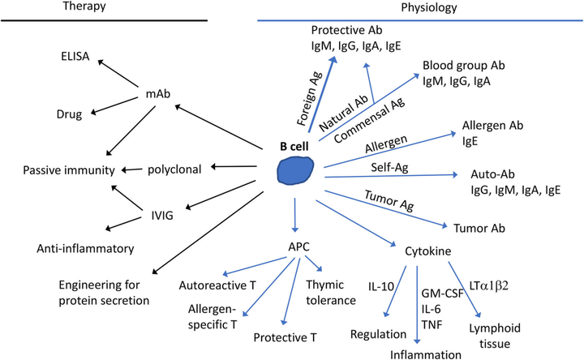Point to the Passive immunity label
[x=66, y=170]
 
